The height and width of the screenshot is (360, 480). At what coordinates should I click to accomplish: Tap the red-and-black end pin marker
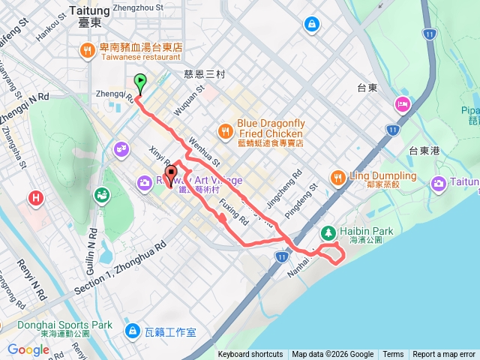[x=170, y=175]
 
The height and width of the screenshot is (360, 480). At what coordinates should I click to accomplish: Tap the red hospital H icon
[x=35, y=199]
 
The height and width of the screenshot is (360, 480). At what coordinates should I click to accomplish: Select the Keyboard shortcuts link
[x=250, y=354]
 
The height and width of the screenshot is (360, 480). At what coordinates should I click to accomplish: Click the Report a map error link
[x=443, y=354]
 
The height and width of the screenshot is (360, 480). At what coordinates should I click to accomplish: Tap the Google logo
[x=28, y=349]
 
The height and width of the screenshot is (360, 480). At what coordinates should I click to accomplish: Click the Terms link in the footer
[x=393, y=354]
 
